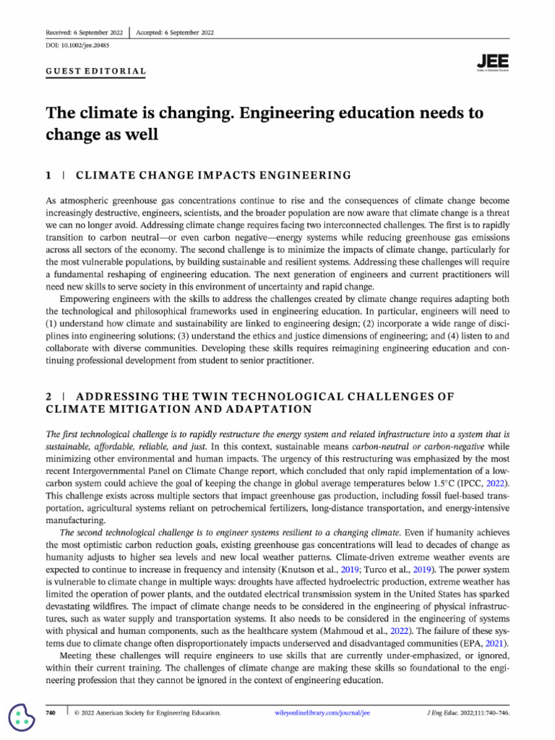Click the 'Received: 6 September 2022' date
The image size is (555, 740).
tap(84, 33)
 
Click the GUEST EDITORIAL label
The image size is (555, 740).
tap(96, 72)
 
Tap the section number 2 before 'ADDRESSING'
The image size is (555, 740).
tap(49, 396)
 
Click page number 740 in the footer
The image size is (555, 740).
tap(51, 713)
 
